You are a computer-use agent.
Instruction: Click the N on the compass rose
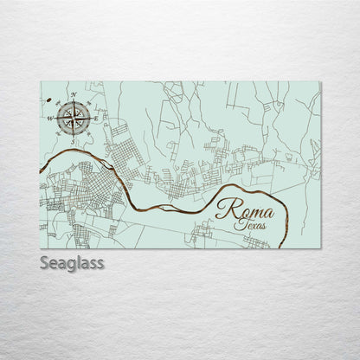click(x=74, y=93)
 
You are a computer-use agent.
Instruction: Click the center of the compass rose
click(x=74, y=114)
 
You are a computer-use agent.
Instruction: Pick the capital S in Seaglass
click(x=45, y=262)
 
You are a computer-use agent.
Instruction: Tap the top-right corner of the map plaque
click(x=320, y=82)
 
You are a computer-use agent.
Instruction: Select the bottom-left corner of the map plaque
click(x=41, y=248)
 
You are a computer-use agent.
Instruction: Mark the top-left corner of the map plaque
click(x=41, y=82)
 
